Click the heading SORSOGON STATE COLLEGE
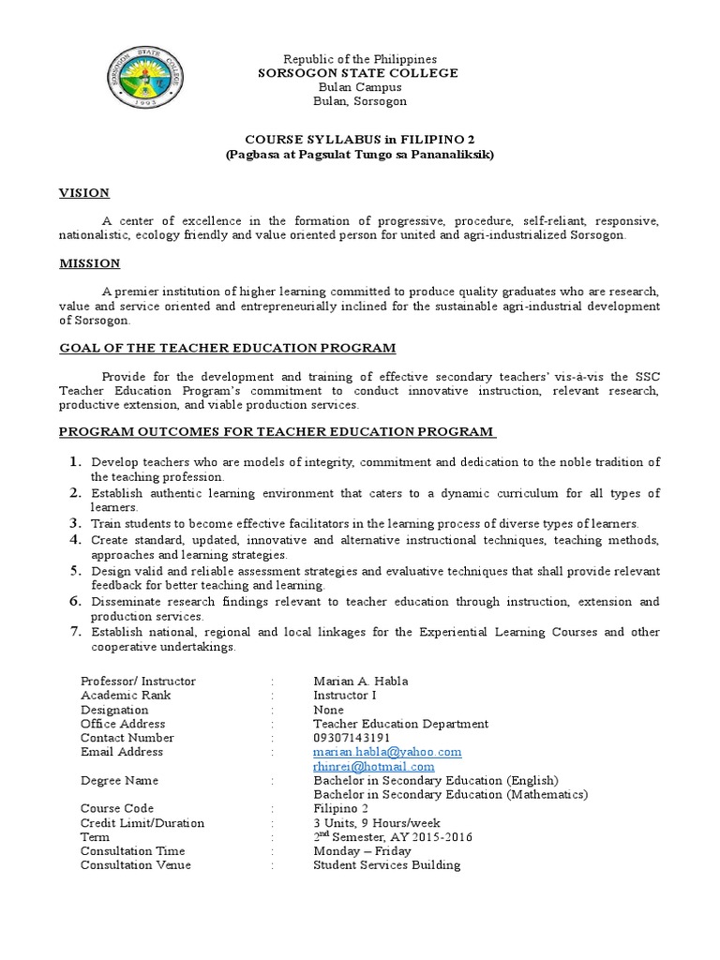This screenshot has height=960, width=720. coord(358,73)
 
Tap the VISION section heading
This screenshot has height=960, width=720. coord(84,193)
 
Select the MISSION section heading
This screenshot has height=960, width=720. coord(90,263)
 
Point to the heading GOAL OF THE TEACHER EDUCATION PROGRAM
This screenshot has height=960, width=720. coord(228,348)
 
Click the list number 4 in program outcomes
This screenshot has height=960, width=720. coord(75,541)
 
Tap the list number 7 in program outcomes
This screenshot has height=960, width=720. coord(75,632)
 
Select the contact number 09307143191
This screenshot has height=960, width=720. coord(352,738)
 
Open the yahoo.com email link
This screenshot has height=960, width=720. coord(387,752)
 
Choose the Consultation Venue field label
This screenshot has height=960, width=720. coord(136,864)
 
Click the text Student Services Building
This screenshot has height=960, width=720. coord(386,864)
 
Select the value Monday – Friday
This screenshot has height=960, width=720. coord(362,850)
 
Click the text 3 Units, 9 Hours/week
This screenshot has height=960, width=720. coord(377,822)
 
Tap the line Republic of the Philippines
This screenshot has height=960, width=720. coord(359,59)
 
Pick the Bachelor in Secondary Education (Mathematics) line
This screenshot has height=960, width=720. coord(450,794)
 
